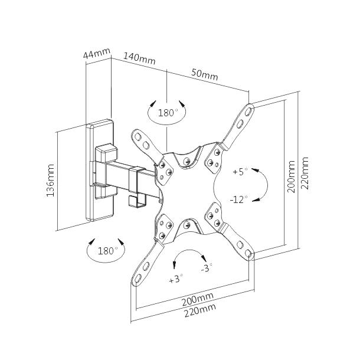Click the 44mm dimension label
[x=97, y=54]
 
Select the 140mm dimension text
[x=140, y=58]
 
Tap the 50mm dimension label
[x=205, y=74]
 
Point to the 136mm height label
[x=50, y=180]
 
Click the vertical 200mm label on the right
[x=291, y=176]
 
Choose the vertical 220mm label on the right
[x=305, y=173]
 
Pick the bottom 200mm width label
[x=198, y=299]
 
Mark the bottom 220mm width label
[x=200, y=310]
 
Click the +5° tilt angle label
[x=240, y=171]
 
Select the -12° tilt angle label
[x=239, y=199]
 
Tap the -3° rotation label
[x=207, y=268]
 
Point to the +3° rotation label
[x=176, y=279]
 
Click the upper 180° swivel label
[x=168, y=113]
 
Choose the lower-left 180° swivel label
[x=107, y=251]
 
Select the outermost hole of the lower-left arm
[x=138, y=279]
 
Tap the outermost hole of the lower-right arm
[x=248, y=253]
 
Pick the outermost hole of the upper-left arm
[x=138, y=137]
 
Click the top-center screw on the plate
[x=186, y=161]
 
